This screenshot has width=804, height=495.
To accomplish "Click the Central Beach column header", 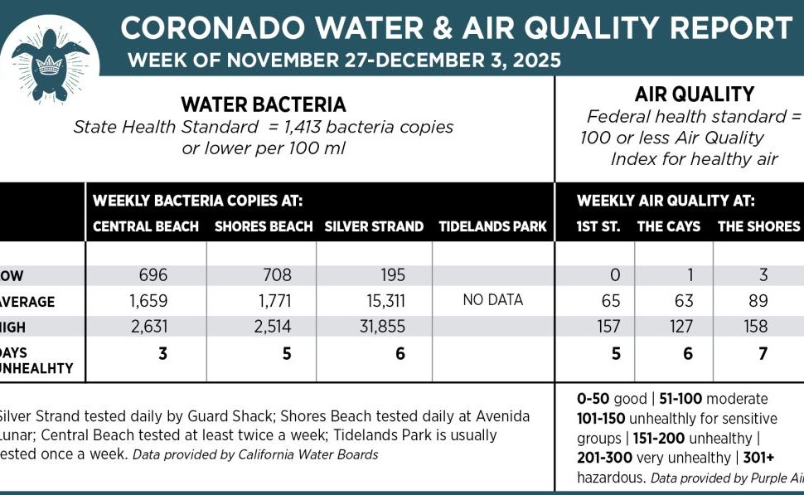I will click(x=146, y=226).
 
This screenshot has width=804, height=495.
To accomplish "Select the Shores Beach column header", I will click(x=264, y=226).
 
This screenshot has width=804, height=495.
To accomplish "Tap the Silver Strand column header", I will click(x=374, y=226).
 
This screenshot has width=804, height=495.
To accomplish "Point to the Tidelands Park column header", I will click(x=492, y=226).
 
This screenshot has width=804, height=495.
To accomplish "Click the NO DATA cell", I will click(x=492, y=299).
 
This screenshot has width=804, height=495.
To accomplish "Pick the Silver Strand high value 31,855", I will click(x=378, y=327).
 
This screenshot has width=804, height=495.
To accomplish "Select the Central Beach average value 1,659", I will click(x=150, y=300).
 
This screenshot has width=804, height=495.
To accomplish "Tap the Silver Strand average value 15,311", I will click(x=378, y=300).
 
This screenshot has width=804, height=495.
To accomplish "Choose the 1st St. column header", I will click(x=598, y=226).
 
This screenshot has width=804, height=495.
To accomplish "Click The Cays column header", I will click(x=668, y=226).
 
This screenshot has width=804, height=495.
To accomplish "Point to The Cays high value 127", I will click(x=680, y=327).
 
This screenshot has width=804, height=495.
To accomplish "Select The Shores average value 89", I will click(x=756, y=300).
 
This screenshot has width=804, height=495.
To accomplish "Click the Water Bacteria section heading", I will click(x=264, y=105).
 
